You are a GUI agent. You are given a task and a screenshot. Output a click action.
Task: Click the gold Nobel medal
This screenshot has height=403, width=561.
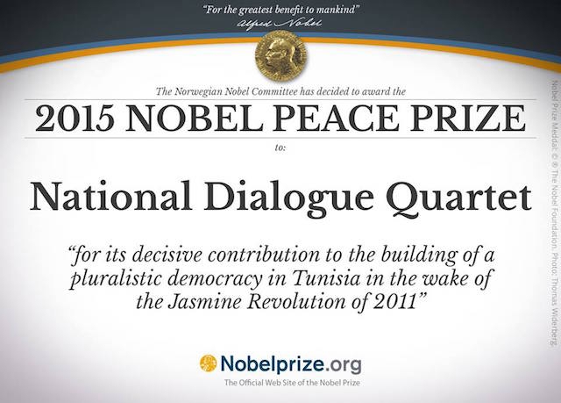[x=280, y=54]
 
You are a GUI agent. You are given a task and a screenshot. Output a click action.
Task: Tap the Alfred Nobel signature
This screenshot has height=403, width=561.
[x=280, y=24]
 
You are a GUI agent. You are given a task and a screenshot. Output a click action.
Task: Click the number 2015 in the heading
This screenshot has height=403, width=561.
[x=77, y=118]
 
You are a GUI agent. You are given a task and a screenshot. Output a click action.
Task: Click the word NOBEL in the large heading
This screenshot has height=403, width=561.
[x=195, y=118]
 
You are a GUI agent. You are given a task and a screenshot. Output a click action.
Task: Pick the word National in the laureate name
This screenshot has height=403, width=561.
[x=111, y=197]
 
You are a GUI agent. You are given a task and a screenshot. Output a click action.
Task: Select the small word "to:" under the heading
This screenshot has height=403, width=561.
[x=280, y=148]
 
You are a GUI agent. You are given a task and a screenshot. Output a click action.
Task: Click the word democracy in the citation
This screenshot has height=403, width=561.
[x=215, y=278]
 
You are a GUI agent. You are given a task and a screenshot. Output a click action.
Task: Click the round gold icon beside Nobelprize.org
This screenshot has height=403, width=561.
[x=209, y=363]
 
